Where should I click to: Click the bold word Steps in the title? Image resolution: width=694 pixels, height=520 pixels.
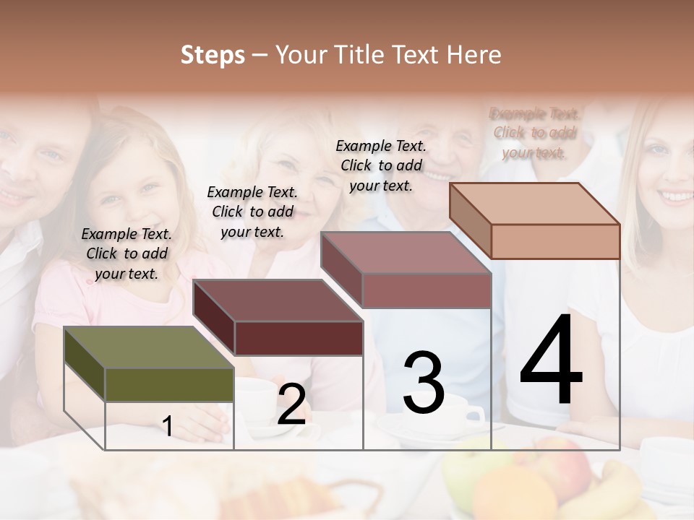(x=213, y=55)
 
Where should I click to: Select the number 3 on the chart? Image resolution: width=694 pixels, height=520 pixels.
(x=424, y=382)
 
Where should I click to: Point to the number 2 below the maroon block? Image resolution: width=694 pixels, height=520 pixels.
(x=291, y=404)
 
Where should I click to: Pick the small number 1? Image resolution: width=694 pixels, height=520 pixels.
(x=168, y=426)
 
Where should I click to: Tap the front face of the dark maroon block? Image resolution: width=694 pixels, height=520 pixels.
(x=299, y=338)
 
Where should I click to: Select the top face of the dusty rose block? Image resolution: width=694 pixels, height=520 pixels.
(x=405, y=253)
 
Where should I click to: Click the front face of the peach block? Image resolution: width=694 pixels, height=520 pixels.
(x=555, y=240)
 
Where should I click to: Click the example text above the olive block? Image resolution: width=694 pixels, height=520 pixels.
(x=127, y=253)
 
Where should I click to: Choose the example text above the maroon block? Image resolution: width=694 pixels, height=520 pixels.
(x=252, y=212)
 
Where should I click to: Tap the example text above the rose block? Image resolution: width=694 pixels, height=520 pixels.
(x=381, y=165)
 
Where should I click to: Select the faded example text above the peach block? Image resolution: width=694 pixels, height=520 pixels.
(x=535, y=133)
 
